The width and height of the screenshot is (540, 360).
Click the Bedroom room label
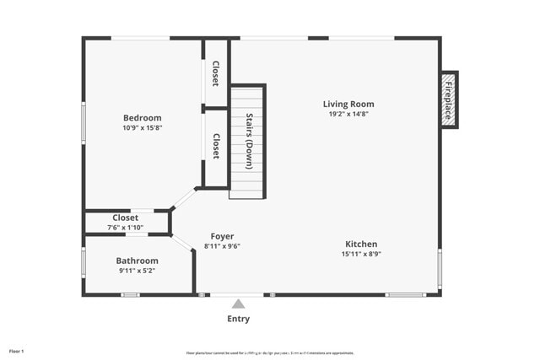[x=142, y=118]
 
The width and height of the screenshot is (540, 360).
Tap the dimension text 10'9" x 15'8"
[x=142, y=128]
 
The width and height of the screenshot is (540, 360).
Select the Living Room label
[x=348, y=105]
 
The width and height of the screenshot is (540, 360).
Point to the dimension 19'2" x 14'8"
[x=348, y=114]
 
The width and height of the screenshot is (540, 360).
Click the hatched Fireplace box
[x=450, y=99]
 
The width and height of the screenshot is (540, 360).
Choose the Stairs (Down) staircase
[x=249, y=142]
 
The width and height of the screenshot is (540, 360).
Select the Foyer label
[x=223, y=236]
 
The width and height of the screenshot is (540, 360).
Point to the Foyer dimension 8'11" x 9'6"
[x=223, y=246]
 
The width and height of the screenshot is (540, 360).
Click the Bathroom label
[x=137, y=261]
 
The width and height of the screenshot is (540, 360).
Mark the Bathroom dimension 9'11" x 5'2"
[x=137, y=271]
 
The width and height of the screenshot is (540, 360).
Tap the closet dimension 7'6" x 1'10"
[x=125, y=228]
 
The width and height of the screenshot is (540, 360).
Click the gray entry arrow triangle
[x=239, y=304]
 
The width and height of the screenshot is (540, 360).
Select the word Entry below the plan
[x=239, y=319]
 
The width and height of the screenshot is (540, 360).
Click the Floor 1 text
[x=17, y=351]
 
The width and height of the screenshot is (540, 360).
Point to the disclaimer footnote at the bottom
[x=270, y=353]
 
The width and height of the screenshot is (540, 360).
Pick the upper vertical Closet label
[x=216, y=73]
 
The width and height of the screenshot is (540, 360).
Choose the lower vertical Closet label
[x=216, y=147]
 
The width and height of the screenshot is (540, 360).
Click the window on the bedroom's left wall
[x=84, y=122]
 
